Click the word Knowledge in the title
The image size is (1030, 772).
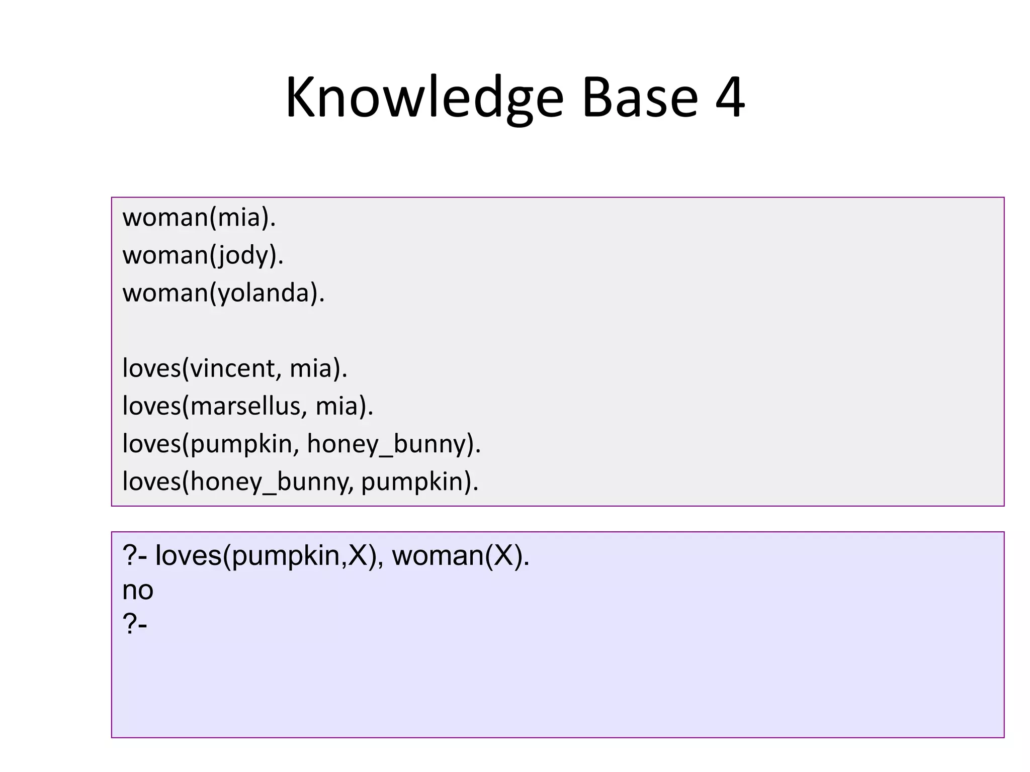tap(424, 98)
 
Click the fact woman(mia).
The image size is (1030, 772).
tap(199, 218)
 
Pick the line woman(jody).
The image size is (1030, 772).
tap(203, 255)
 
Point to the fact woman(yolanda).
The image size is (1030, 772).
tap(224, 293)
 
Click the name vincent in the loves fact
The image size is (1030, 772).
tap(232, 368)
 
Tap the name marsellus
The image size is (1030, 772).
tap(245, 406)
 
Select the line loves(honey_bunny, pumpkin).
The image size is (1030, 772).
tap(300, 481)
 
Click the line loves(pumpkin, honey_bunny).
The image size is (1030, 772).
tap(302, 444)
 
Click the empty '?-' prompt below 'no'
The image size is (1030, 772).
tap(135, 624)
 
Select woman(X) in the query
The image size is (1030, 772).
tap(460, 556)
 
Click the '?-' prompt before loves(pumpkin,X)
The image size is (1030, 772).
tap(135, 556)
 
